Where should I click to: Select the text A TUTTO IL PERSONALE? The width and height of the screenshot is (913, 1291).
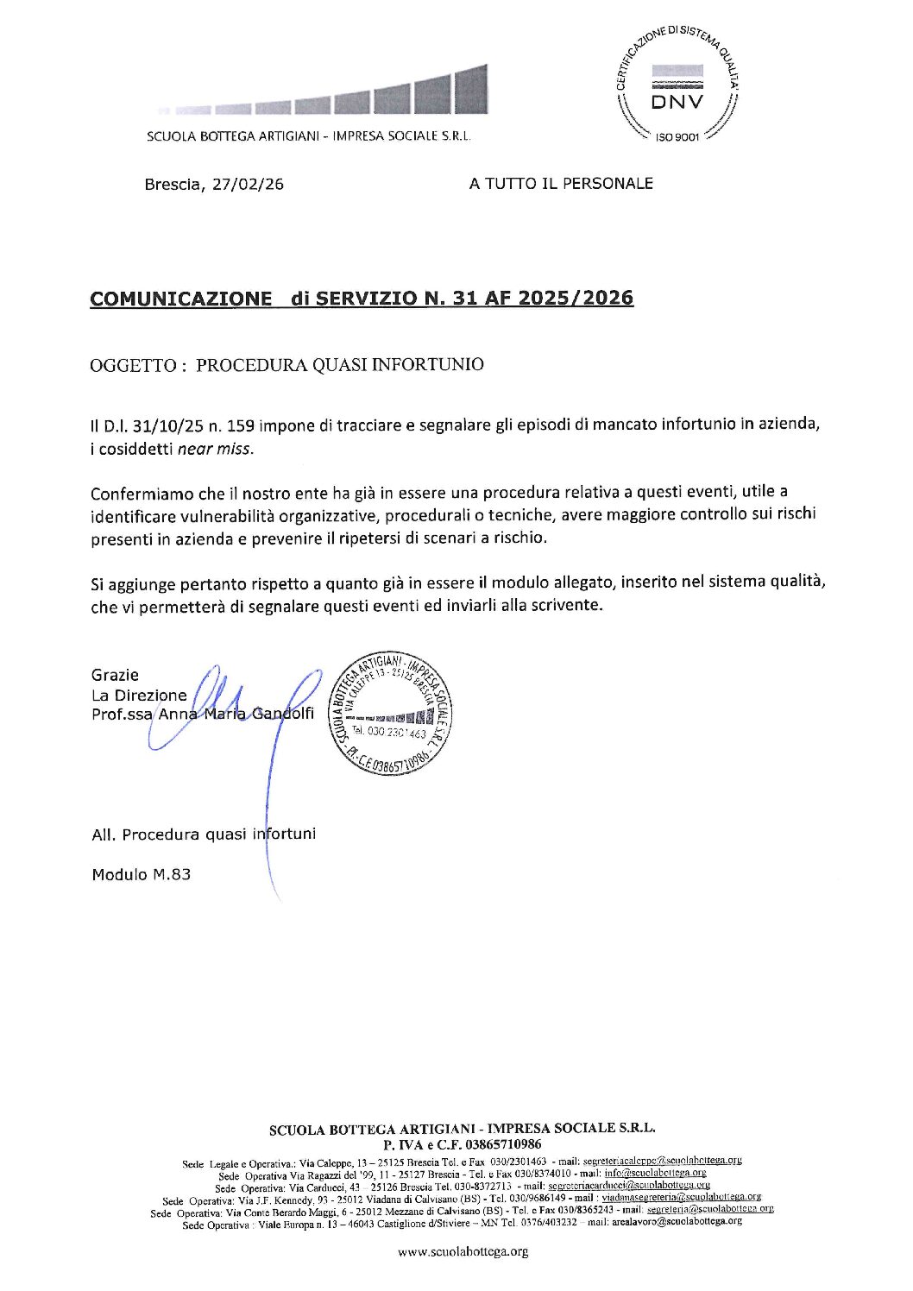click(x=561, y=183)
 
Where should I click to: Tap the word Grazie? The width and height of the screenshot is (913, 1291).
click(x=115, y=675)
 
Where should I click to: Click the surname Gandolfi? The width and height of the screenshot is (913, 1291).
click(x=283, y=714)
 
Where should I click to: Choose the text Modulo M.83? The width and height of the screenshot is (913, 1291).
click(x=142, y=874)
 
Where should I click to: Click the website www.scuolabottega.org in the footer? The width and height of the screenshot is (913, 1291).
click(x=463, y=1251)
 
